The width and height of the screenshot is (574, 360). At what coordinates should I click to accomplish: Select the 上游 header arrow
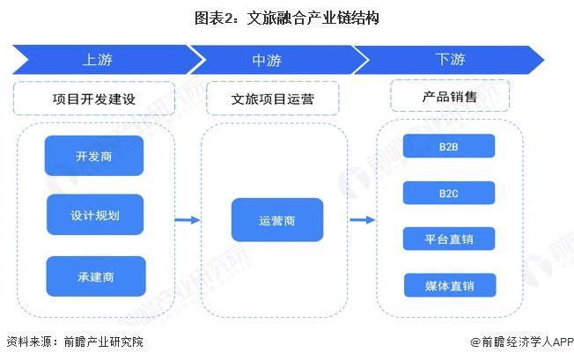click(99, 60)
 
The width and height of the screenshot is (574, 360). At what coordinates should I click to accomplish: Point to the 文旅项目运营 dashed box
click(272, 99)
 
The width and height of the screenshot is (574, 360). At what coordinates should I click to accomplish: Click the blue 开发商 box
click(94, 155)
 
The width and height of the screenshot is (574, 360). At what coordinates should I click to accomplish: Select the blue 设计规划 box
click(94, 215)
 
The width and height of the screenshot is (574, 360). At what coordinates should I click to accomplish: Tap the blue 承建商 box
click(94, 276)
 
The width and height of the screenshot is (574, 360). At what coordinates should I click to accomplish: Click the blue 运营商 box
click(276, 220)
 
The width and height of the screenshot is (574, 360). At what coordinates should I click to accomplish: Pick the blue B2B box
click(449, 147)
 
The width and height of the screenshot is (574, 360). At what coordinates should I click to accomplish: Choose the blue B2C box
click(449, 192)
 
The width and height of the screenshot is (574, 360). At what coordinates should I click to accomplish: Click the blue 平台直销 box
click(449, 239)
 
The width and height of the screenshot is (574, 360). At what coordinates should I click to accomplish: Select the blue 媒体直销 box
click(449, 285)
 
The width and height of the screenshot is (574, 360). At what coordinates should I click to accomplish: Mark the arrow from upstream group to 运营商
click(188, 220)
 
